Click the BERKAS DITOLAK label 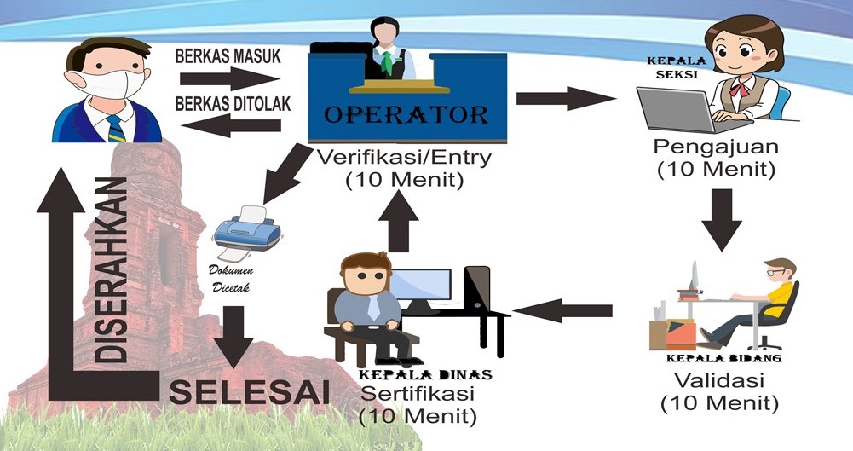(232, 104)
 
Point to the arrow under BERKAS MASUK (230, 80)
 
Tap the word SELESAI (250, 393)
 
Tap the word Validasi (713, 379)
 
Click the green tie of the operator (388, 61)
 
